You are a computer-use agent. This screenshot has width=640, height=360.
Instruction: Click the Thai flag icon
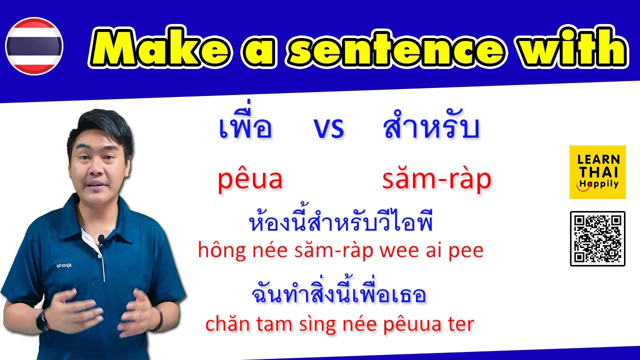[34, 46]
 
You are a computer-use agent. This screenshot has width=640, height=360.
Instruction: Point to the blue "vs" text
[328, 129]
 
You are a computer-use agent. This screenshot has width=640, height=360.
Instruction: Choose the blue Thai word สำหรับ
[431, 128]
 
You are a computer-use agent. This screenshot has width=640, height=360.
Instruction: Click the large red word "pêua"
[250, 179]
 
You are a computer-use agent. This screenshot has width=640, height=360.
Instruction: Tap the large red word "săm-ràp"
[436, 179]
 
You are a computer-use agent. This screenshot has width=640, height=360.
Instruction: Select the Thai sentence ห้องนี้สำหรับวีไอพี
[340, 222]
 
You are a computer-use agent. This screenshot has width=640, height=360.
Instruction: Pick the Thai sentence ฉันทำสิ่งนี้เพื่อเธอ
[339, 295]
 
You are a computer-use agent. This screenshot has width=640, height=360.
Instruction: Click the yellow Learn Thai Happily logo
[597, 172]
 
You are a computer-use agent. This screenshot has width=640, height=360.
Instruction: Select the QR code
[597, 238]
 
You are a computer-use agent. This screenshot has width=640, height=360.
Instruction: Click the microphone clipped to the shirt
[101, 240]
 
